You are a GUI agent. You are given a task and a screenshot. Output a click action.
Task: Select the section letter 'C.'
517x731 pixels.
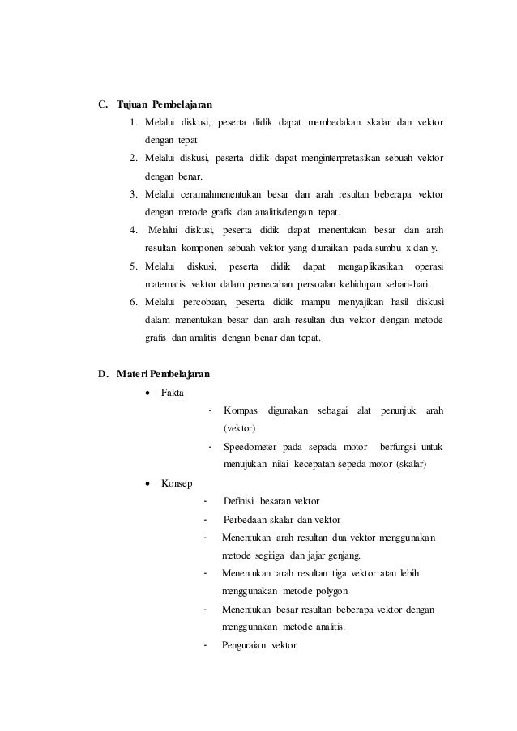[x=103, y=104]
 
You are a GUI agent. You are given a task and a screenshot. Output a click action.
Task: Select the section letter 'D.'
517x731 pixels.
[x=103, y=374]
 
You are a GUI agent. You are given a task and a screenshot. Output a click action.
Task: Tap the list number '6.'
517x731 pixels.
[x=133, y=302]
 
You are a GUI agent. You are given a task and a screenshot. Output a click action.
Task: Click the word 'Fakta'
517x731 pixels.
[x=172, y=392]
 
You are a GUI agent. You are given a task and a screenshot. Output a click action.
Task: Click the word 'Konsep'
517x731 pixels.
[x=176, y=482]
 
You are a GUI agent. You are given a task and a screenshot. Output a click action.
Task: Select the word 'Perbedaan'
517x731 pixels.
[x=246, y=519]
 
